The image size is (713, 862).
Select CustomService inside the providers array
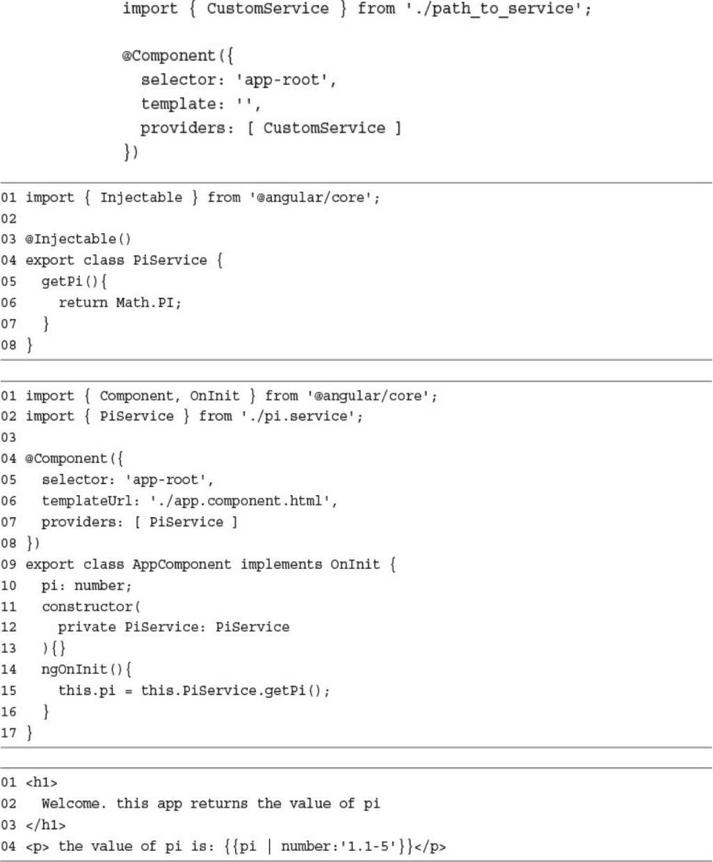pyautogui.click(x=323, y=128)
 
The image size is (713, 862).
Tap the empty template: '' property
pyautogui.click(x=201, y=104)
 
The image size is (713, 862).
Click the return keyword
pyautogui.click(x=83, y=302)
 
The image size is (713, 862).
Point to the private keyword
pyautogui.click(x=87, y=627)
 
